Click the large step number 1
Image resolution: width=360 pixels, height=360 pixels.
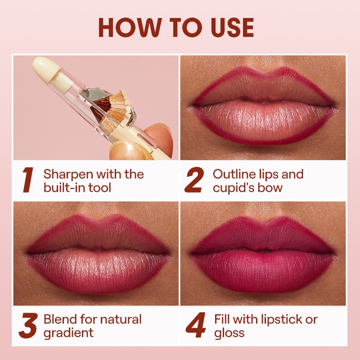pyautogui.click(x=28, y=180)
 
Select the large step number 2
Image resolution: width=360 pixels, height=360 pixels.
pyautogui.click(x=194, y=180)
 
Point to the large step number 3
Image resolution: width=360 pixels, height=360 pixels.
pyautogui.click(x=28, y=325)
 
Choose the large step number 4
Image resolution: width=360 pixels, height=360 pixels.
pyautogui.click(x=195, y=325)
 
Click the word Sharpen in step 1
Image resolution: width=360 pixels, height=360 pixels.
pyautogui.click(x=67, y=175)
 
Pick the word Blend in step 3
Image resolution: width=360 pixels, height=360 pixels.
pyautogui.click(x=60, y=319)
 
